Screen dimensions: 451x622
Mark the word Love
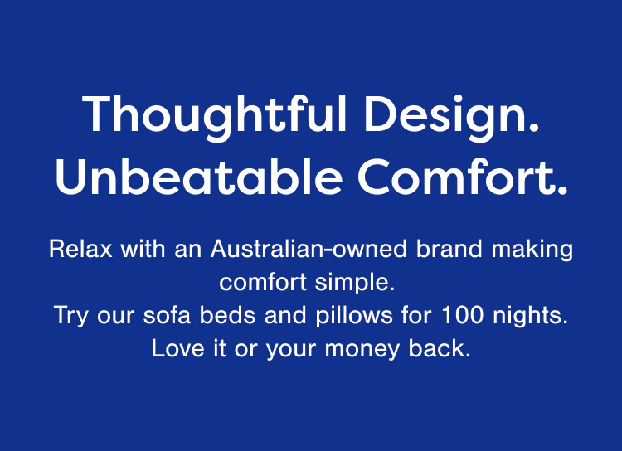tap(175, 349)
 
